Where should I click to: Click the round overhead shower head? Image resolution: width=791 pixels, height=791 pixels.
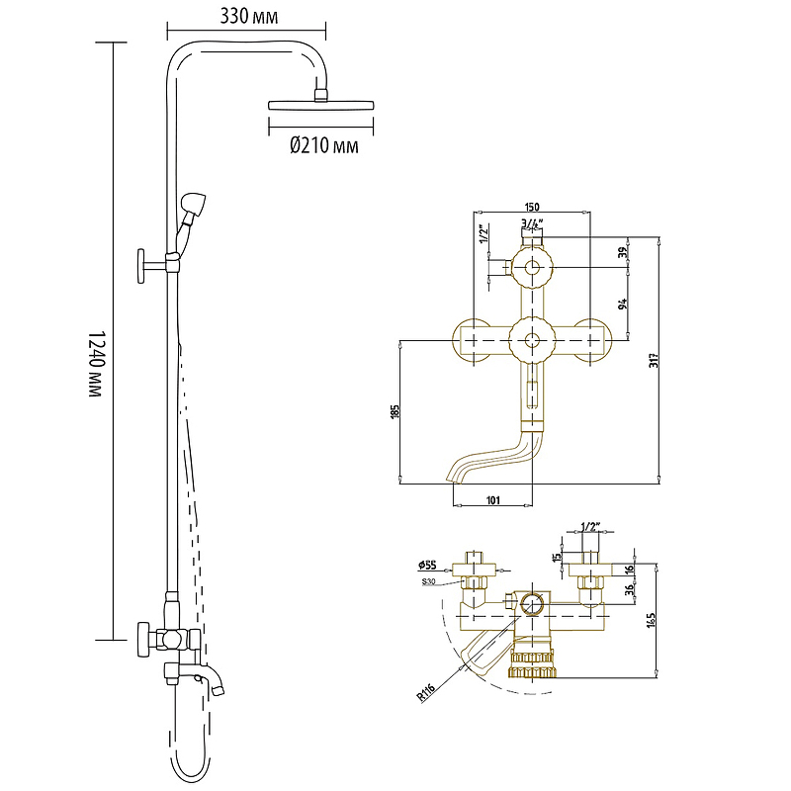click(x=320, y=103)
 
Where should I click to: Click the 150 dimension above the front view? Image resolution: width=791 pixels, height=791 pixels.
click(x=532, y=205)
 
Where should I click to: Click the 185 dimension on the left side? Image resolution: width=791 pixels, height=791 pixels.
click(x=395, y=411)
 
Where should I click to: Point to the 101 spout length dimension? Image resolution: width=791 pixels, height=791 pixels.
click(x=492, y=500)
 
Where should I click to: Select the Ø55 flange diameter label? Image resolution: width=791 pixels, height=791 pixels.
click(x=427, y=565)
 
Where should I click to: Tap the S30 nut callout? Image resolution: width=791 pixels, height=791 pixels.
click(x=428, y=581)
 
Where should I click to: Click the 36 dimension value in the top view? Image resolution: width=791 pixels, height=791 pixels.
click(x=630, y=591)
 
